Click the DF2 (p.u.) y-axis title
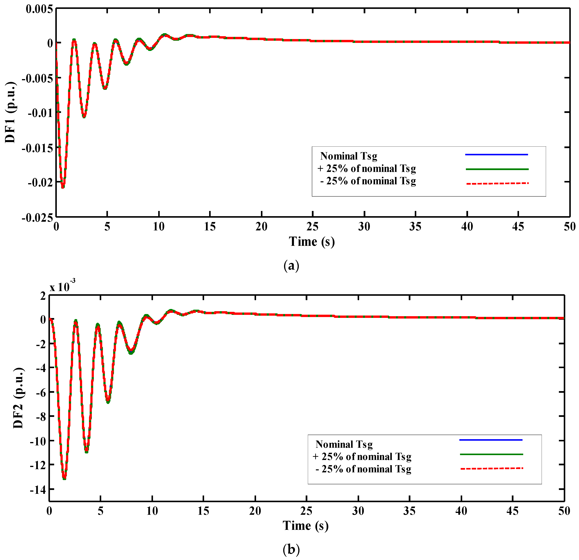coord(18,398)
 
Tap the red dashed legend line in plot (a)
coord(497,184)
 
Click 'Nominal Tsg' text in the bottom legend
coord(344,444)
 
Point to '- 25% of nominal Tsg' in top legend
coord(368,181)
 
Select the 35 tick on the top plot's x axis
coord(415,227)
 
